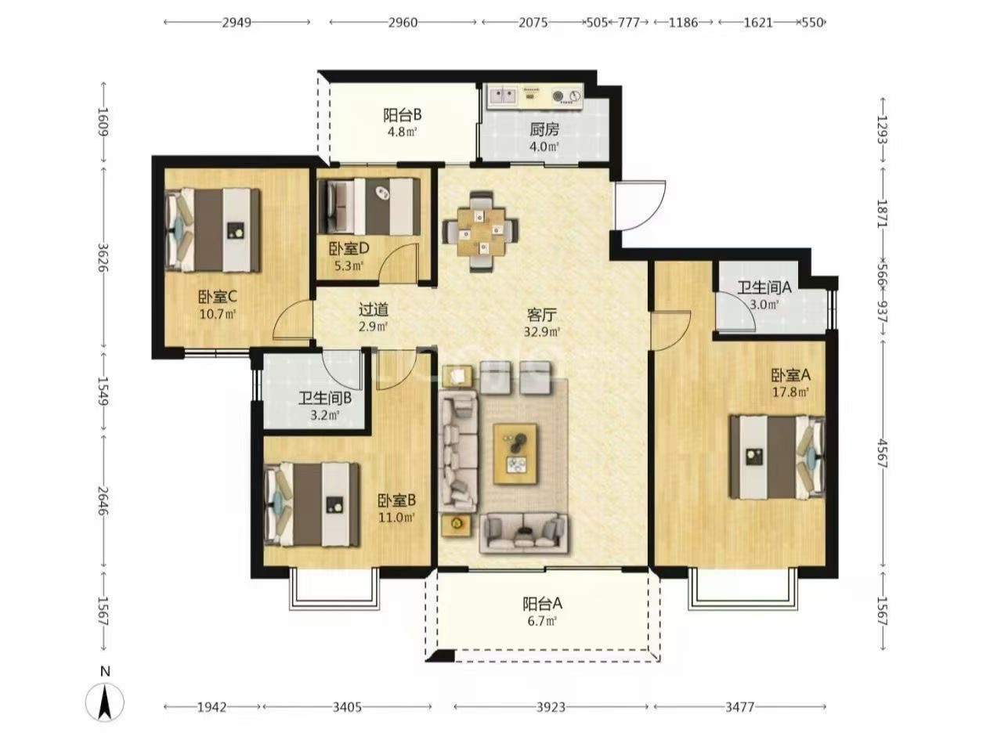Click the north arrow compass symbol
pyautogui.click(x=105, y=703)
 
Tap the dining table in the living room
pyautogui.click(x=481, y=231)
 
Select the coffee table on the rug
pyautogui.click(x=515, y=453)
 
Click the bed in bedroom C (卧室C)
pyautogui.click(x=212, y=230)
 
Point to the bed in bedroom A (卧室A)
pyautogui.click(x=777, y=457)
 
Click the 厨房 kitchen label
pyautogui.click(x=544, y=130)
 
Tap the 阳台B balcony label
pyautogui.click(x=402, y=115)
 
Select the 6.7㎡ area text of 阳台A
pyautogui.click(x=542, y=620)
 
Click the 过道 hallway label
pyautogui.click(x=373, y=309)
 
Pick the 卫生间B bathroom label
pyautogui.click(x=325, y=398)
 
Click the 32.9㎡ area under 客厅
pyautogui.click(x=542, y=332)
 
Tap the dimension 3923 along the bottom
pyautogui.click(x=551, y=706)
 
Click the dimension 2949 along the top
pyautogui.click(x=237, y=23)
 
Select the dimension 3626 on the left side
pyautogui.click(x=103, y=258)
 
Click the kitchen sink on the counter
pyautogui.click(x=503, y=95)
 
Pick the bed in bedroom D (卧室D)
pyautogui.click(x=370, y=207)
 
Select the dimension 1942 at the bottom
pyautogui.click(x=212, y=706)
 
